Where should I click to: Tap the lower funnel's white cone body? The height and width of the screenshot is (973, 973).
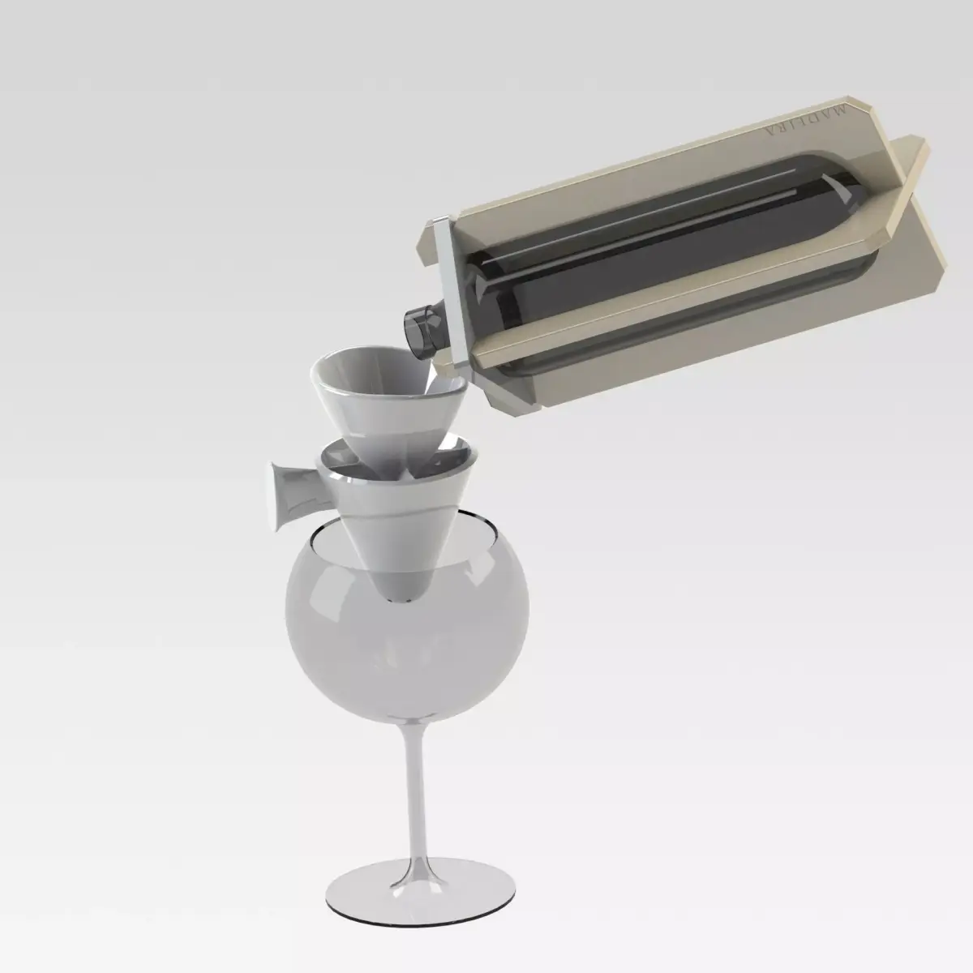381,527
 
